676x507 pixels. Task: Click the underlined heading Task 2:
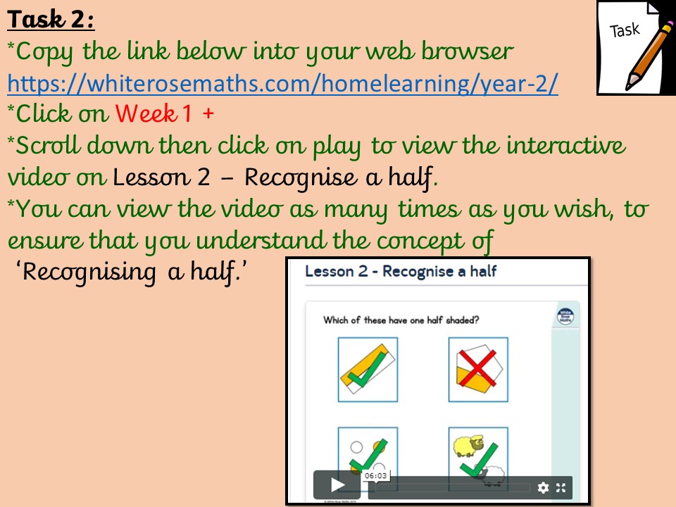click(x=51, y=20)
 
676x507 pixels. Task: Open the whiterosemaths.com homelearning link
click(x=283, y=83)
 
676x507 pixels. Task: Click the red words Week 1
click(x=153, y=114)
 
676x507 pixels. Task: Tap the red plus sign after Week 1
click(x=208, y=114)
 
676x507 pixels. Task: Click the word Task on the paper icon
click(x=625, y=30)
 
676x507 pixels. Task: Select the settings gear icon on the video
click(x=543, y=487)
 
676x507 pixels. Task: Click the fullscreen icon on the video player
click(x=561, y=487)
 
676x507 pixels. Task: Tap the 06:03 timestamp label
click(x=375, y=475)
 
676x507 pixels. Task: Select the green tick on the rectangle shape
click(x=368, y=368)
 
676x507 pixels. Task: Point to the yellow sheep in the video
click(x=468, y=445)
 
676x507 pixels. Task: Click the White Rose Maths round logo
click(x=565, y=316)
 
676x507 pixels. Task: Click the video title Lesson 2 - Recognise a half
click(x=401, y=271)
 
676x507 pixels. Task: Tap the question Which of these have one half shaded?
click(x=401, y=320)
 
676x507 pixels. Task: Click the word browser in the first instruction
click(x=468, y=51)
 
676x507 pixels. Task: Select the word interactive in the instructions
click(x=565, y=145)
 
